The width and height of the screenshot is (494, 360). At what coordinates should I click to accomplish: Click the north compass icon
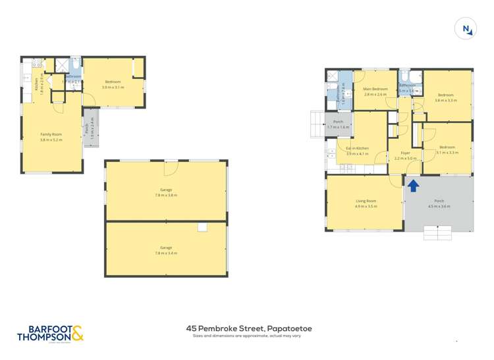(x=466, y=28)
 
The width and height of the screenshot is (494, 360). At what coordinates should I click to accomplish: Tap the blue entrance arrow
(x=413, y=186)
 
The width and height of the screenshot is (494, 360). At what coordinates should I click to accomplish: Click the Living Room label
(x=366, y=201)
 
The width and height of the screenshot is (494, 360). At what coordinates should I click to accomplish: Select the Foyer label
(x=406, y=153)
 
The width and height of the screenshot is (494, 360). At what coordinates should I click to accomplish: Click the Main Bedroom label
(x=375, y=89)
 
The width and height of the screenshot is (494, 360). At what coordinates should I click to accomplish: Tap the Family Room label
(x=51, y=134)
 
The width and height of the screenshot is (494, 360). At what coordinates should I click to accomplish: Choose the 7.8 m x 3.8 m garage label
(x=167, y=195)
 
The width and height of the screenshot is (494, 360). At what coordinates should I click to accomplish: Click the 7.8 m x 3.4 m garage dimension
(x=167, y=252)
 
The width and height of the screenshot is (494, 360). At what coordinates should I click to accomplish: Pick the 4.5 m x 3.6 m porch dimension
(x=439, y=207)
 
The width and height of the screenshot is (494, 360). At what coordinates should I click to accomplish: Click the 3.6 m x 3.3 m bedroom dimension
(x=446, y=101)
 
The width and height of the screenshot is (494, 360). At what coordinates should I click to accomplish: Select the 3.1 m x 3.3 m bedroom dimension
(x=447, y=153)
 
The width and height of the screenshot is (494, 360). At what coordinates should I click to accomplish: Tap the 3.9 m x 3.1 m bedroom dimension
(x=113, y=87)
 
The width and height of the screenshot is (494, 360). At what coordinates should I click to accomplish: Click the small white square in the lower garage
(x=202, y=227)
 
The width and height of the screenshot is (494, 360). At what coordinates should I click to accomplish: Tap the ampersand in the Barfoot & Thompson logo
(x=77, y=333)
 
